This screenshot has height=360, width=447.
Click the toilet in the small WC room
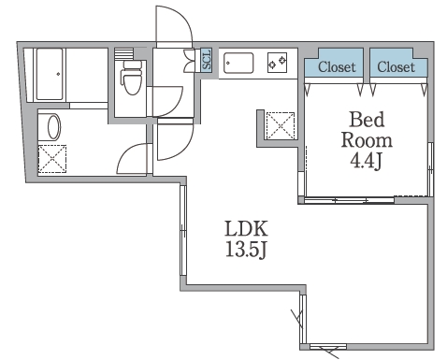pyautogui.click(x=132, y=77)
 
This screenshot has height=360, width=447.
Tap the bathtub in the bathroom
pyautogui.click(x=50, y=74)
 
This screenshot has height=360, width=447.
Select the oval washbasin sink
pyautogui.click(x=54, y=127)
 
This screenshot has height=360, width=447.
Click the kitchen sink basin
pyautogui.click(x=238, y=64)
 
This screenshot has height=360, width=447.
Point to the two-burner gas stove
pyautogui.click(x=277, y=63)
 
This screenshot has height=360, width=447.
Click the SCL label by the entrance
pyautogui.click(x=207, y=60)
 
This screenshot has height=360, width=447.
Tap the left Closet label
pyautogui.click(x=337, y=66)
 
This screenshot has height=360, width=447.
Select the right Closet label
pyautogui.click(x=396, y=66)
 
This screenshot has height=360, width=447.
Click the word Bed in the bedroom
pyautogui.click(x=367, y=120)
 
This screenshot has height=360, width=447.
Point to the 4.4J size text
pyautogui.click(x=366, y=160)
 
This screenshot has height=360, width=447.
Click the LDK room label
pyautogui.click(x=246, y=229)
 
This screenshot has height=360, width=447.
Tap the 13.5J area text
pyautogui.click(x=246, y=250)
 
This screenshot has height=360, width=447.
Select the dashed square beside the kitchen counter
pyautogui.click(x=281, y=125)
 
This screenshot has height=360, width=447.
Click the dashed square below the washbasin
pyautogui.click(x=52, y=159)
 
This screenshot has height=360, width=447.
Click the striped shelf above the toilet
pyautogui.click(x=123, y=52)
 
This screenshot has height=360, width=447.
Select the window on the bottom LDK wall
pyautogui.click(x=328, y=347)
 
